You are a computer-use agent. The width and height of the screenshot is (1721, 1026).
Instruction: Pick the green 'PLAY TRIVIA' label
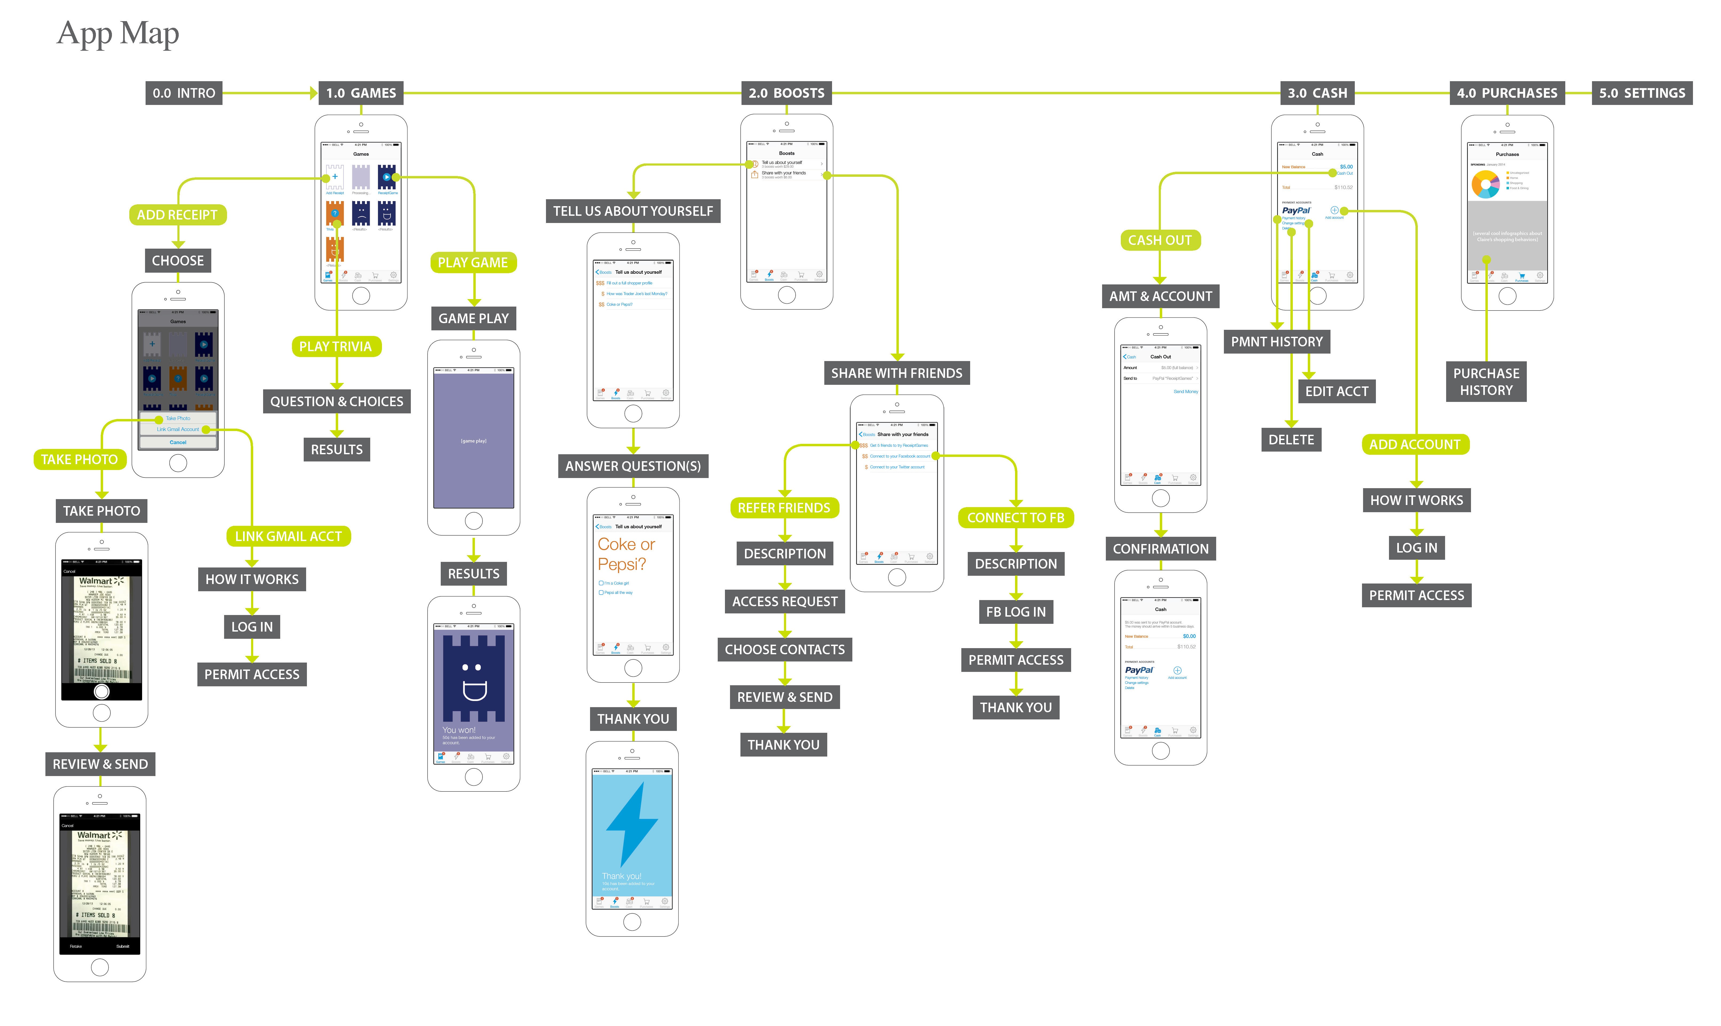click(335, 346)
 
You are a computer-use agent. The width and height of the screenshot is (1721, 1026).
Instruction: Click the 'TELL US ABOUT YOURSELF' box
click(633, 211)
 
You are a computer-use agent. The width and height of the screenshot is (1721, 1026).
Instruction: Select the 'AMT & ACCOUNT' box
click(1160, 296)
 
